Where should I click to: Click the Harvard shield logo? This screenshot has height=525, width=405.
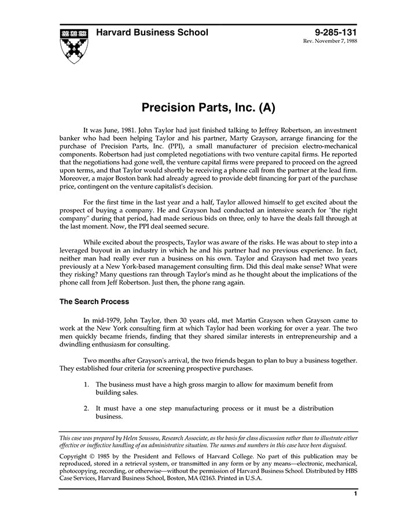tap(73, 44)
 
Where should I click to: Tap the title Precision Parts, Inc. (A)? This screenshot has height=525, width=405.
tap(208, 107)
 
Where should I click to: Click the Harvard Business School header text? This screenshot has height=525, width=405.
tap(152, 32)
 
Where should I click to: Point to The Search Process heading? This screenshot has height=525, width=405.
tap(94, 301)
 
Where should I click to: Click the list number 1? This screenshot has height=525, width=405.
tap(86, 384)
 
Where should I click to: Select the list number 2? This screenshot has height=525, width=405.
tap(86, 408)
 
